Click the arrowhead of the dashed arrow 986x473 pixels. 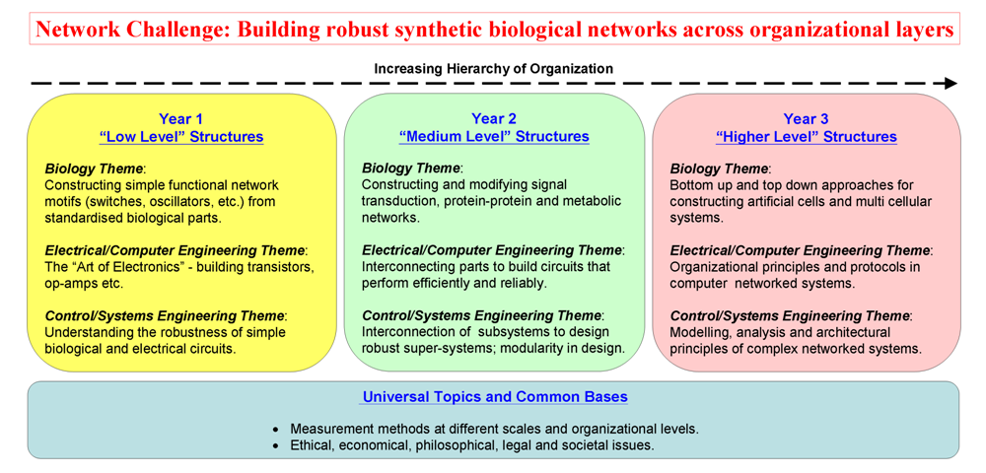(x=950, y=84)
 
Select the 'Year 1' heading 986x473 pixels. (x=181, y=118)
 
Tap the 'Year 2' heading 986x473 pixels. (x=494, y=118)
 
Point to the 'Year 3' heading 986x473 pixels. (x=806, y=118)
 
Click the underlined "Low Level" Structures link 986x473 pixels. (x=181, y=137)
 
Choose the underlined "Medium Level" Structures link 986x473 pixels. (x=494, y=137)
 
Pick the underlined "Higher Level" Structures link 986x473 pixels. (x=806, y=137)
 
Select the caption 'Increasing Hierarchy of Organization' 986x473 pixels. (x=494, y=68)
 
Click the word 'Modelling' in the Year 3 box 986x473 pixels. (x=697, y=332)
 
